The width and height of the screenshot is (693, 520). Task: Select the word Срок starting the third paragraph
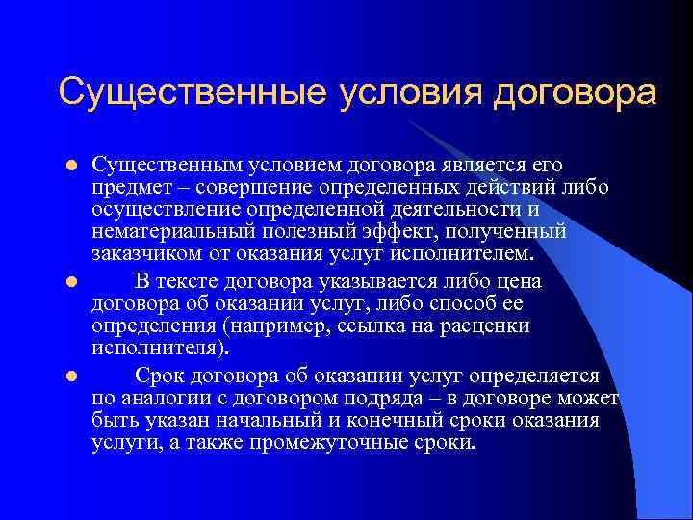click(x=156, y=375)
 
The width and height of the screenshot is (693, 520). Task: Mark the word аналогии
click(x=158, y=398)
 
